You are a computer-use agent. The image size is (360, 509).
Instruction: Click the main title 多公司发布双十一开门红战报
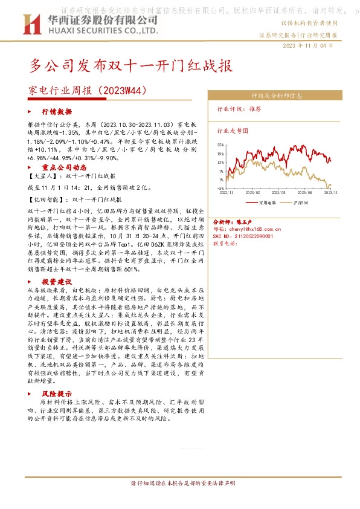pos(130,65)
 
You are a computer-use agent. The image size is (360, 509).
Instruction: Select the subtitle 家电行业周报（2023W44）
pos(88,91)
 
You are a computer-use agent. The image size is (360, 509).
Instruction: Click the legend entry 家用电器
pos(266,203)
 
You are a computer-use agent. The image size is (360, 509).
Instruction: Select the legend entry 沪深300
pos(300,203)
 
